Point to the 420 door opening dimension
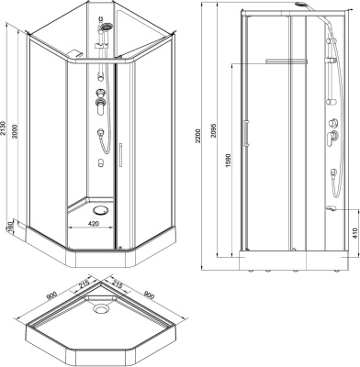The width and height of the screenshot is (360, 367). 94,223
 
